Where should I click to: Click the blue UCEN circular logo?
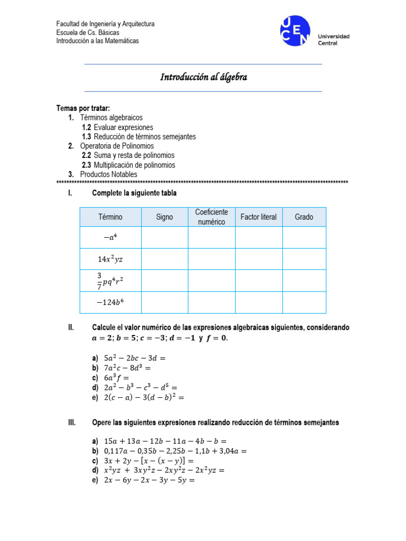tap(295, 31)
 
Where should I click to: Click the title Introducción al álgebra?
tap(204, 78)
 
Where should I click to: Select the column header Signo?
tap(164, 217)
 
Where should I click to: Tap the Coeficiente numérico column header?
tap(211, 217)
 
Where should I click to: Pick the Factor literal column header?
tap(259, 217)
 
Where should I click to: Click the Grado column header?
tap(304, 217)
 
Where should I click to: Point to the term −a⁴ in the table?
tap(110, 238)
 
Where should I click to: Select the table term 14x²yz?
tap(110, 259)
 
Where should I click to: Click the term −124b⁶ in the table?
tap(110, 303)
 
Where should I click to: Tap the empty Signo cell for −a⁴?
tap(164, 238)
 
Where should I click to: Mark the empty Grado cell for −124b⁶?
tap(304, 303)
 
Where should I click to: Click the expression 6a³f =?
tap(117, 377)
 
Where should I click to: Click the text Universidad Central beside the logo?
tap(333, 40)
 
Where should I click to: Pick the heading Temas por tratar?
tap(83, 108)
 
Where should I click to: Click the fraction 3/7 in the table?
tap(99, 281)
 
